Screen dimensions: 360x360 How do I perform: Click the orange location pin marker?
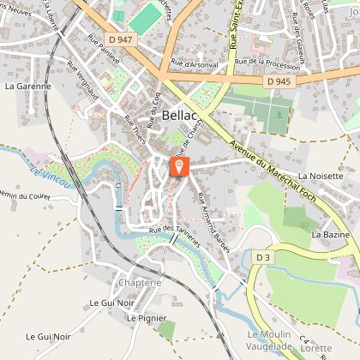[x=179, y=166]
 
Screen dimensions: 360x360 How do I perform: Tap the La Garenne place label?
[x=27, y=87]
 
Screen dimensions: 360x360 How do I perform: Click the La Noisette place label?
[x=319, y=175]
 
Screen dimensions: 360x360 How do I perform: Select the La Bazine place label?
[x=328, y=233]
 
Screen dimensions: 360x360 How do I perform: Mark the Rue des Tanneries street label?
[x=174, y=235]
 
